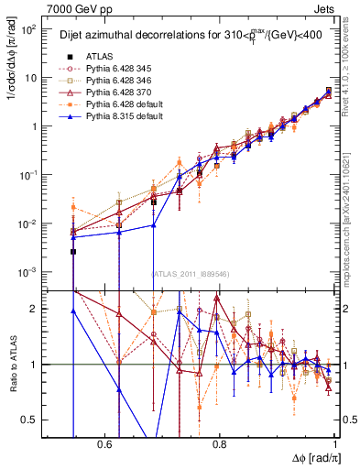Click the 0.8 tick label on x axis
pos(220,443)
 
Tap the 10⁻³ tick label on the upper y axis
pos(29,272)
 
